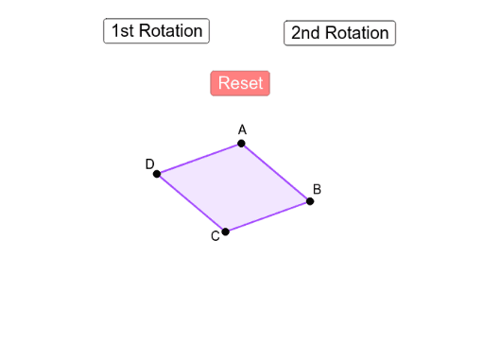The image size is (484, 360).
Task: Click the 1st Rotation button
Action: point(156,31)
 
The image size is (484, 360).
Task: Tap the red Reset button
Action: point(240,83)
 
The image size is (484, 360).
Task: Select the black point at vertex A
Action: point(241,144)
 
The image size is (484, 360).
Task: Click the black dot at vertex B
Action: point(309,200)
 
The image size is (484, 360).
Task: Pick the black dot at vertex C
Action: point(225,231)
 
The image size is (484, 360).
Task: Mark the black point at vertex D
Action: point(157,174)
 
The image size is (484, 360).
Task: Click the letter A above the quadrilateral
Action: point(242,129)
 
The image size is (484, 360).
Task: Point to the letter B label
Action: point(318,190)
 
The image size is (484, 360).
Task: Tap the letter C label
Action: point(215,236)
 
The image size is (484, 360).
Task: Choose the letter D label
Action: point(149,164)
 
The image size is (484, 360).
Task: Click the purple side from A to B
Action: point(275,172)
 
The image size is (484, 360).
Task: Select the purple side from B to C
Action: point(268,215)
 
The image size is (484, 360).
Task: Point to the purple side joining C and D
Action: point(191,202)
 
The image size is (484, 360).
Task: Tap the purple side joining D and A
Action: point(199,159)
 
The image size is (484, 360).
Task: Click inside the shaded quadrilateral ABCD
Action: point(233,187)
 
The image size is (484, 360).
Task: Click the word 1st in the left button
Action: point(123,31)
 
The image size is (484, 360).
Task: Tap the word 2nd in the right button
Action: point(304,33)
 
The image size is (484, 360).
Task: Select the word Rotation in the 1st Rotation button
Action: point(170,31)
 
